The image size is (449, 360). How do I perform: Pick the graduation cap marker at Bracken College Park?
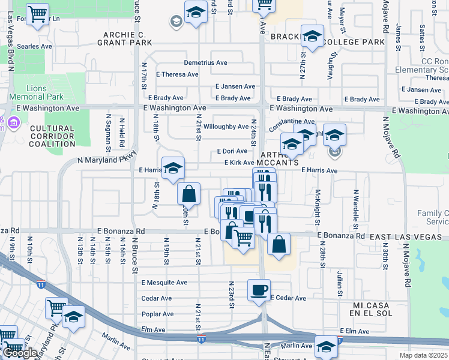pyautogui.click(x=312, y=37)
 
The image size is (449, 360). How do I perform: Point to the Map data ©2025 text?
pyautogui.click(x=423, y=355)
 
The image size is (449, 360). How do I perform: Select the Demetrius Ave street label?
pyautogui.click(x=205, y=62)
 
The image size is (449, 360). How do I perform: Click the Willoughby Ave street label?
pyautogui.click(x=226, y=127)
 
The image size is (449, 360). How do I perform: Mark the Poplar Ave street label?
pyautogui.click(x=157, y=314)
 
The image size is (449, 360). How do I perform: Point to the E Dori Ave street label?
pyautogui.click(x=232, y=151)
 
